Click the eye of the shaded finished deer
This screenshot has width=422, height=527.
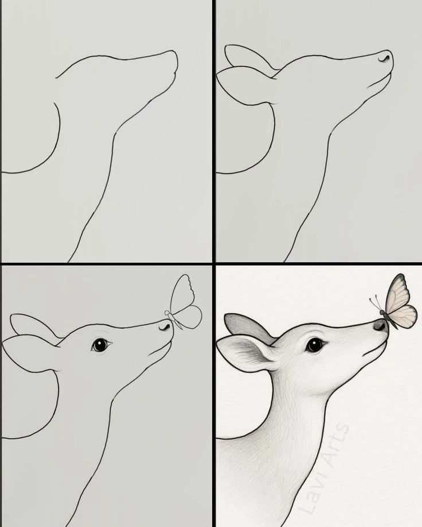point(315,345)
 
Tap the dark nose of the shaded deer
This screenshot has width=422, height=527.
point(381,325)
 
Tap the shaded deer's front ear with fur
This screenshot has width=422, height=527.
point(245,353)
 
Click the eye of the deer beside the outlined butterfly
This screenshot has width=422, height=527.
point(100,345)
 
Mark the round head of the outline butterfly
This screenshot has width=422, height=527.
point(167,313)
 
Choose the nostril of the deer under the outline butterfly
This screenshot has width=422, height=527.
point(164,327)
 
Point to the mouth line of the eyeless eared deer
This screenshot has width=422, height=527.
point(379,82)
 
